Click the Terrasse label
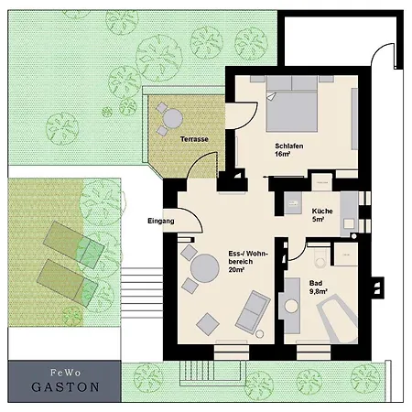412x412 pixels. click(x=194, y=139)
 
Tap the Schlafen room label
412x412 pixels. click(x=289, y=146)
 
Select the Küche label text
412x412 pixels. click(x=322, y=211)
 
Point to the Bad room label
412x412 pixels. click(x=316, y=283)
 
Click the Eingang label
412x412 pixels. click(x=161, y=221)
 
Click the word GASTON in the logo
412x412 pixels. click(x=65, y=387)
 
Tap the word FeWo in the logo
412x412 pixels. click(x=66, y=373)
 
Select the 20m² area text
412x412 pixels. click(x=236, y=269)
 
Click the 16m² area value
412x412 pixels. click(x=282, y=154)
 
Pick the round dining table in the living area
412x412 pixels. click(x=205, y=268)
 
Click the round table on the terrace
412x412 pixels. click(x=172, y=119)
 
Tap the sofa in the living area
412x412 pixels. click(x=253, y=312)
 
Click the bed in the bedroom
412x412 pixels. click(x=292, y=103)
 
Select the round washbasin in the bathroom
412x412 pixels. click(x=291, y=306)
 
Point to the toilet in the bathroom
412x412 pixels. click(x=320, y=258)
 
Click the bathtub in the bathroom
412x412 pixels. click(x=338, y=319)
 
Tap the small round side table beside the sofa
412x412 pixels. click(x=259, y=334)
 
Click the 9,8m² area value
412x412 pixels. click(x=319, y=291)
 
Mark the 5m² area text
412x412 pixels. click(x=318, y=219)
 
